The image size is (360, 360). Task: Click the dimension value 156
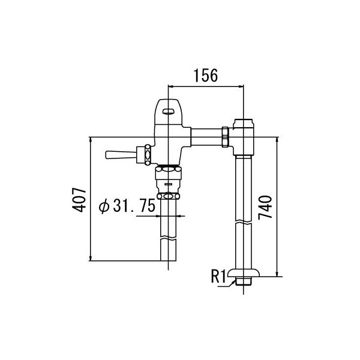click(206, 76)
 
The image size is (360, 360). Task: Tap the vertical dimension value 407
click(79, 200)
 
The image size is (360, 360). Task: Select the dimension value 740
click(265, 208)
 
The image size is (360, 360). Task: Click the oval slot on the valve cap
click(169, 112)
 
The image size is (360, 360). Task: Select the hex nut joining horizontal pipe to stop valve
click(225, 137)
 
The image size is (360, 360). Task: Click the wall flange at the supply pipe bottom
click(244, 273)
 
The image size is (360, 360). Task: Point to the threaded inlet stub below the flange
click(244, 281)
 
